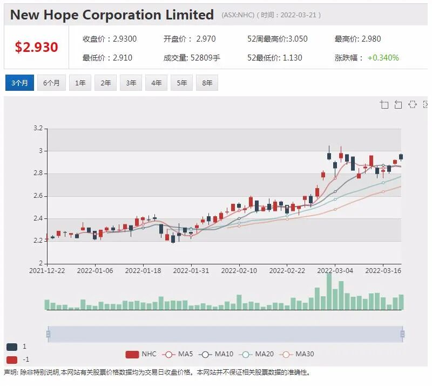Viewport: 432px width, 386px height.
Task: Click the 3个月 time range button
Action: [x=19, y=83]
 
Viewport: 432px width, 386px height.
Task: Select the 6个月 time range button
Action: [x=51, y=83]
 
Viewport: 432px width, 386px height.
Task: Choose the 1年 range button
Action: [x=80, y=83]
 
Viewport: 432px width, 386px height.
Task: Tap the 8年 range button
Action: [x=207, y=83]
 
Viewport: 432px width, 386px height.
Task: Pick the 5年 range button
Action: [x=182, y=83]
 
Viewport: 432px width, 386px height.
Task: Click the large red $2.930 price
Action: [x=36, y=47]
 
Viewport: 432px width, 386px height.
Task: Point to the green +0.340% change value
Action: [x=383, y=58]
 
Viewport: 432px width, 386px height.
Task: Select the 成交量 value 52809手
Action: [x=205, y=58]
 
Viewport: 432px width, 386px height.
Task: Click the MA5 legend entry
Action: [x=178, y=354]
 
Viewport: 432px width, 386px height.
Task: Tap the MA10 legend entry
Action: [x=216, y=354]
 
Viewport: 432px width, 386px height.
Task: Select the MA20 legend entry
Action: [x=256, y=354]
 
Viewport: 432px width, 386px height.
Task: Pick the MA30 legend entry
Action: [x=296, y=354]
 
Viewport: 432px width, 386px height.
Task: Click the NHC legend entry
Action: [x=141, y=354]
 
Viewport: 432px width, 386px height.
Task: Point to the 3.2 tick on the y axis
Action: [x=38, y=128]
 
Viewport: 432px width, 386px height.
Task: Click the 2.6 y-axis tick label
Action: [x=38, y=196]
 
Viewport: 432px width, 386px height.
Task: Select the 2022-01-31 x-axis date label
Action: [x=191, y=271]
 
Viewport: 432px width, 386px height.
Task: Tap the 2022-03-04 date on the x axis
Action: [x=335, y=271]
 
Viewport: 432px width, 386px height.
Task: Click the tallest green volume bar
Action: [x=329, y=291]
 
